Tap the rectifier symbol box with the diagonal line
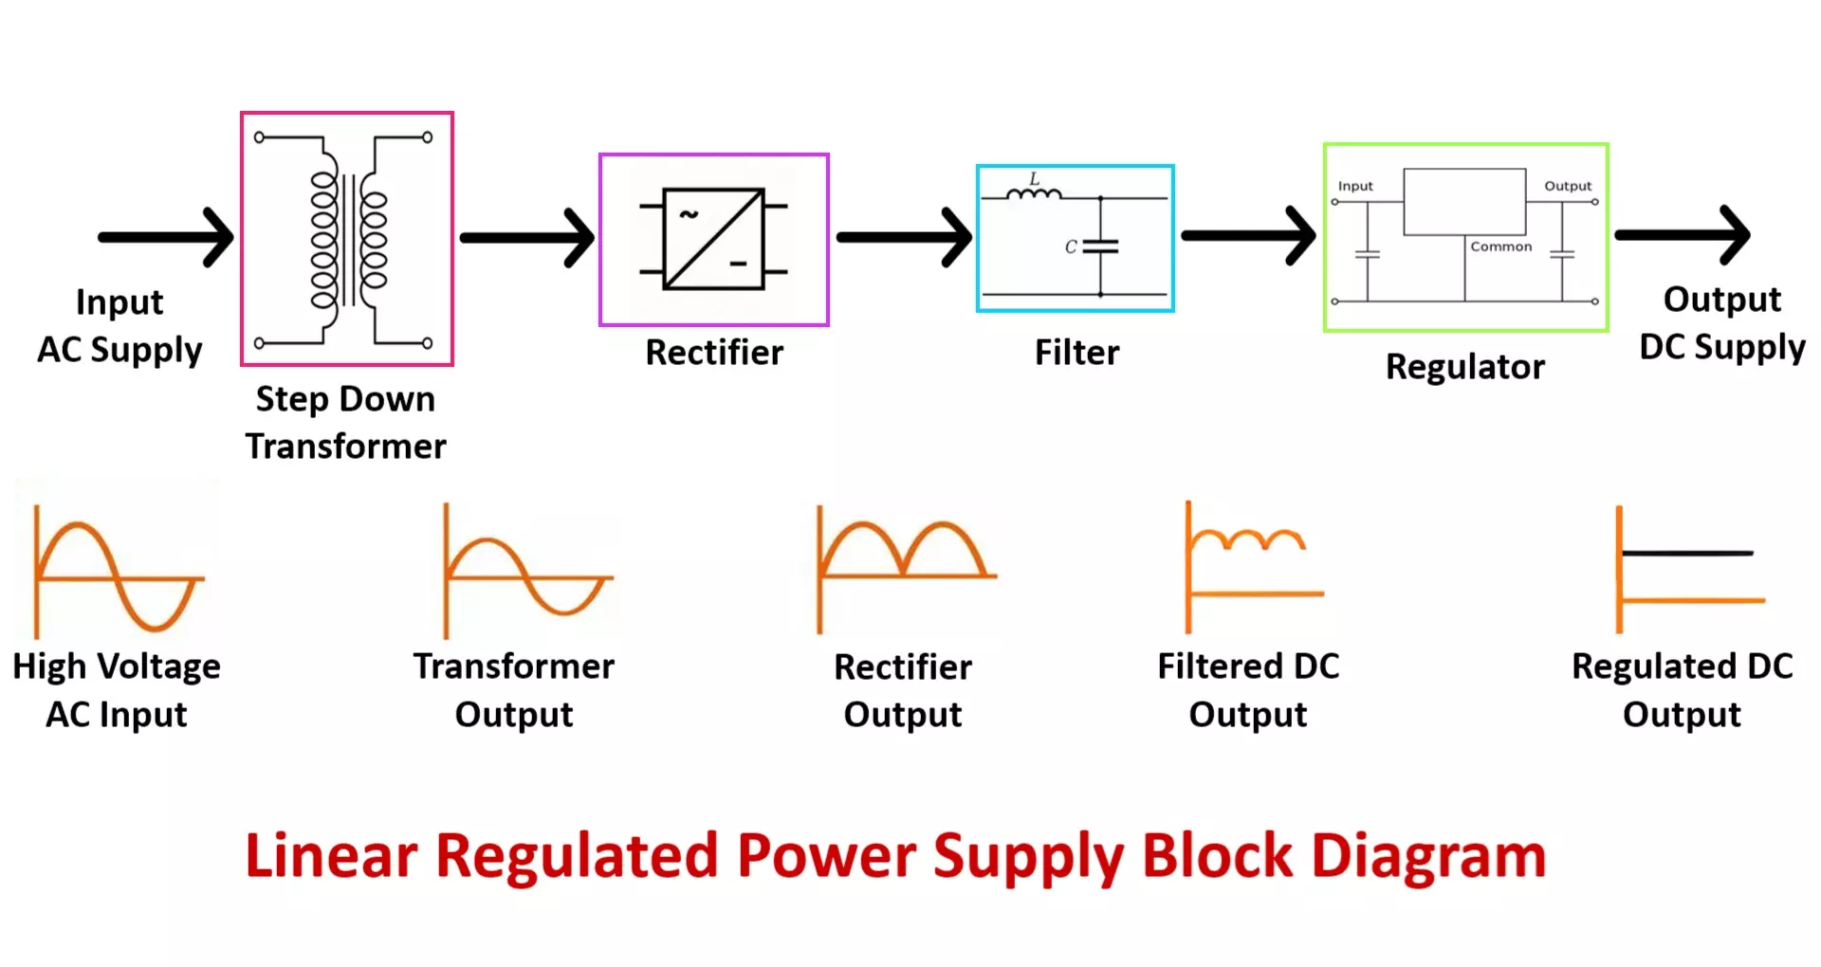tap(713, 239)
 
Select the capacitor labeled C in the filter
tap(1100, 246)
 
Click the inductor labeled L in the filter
tap(1034, 193)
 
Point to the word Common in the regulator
tap(1500, 246)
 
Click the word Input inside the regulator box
tap(1355, 187)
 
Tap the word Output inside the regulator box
tap(1567, 187)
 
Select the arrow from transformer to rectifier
tap(526, 238)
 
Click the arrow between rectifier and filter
tap(903, 237)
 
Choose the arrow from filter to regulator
tap(1247, 235)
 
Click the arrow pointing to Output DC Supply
tap(1682, 234)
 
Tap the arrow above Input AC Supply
tap(166, 237)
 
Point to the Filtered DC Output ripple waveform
tap(1247, 540)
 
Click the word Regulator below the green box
tap(1464, 367)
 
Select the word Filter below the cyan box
tap(1076, 353)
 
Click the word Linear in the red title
tap(331, 856)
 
